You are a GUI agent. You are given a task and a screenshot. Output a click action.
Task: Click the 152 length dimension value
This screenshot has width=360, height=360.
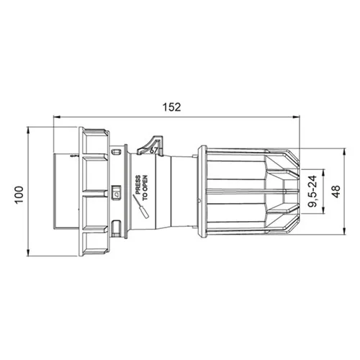[x=171, y=107]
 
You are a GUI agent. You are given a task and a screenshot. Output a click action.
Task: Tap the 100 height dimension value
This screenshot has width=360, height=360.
[x=19, y=194]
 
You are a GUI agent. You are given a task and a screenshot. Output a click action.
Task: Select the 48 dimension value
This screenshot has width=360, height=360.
[x=337, y=192]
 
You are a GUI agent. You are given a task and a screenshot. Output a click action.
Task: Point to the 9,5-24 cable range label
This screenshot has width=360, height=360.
[x=312, y=192]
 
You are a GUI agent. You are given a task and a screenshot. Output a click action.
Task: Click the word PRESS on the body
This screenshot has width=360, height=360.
[x=138, y=185]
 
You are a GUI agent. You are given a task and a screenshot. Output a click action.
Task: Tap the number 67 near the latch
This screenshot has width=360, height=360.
[x=153, y=150]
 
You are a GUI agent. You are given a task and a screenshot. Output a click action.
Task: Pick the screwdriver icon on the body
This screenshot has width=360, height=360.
[x=141, y=207]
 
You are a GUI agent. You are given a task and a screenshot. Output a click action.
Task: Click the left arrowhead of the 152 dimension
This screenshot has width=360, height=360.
[x=56, y=117]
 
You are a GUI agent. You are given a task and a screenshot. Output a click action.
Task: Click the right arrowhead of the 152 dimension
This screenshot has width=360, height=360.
[x=297, y=117]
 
